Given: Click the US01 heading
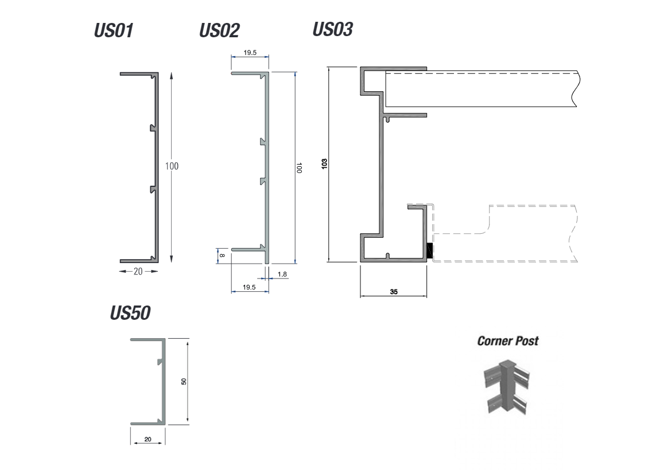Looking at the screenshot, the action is tap(114, 30).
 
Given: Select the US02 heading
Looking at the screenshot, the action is tap(219, 30).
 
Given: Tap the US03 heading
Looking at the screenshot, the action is tap(332, 29).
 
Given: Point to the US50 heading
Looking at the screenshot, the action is tap(130, 313).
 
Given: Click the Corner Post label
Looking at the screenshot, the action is tap(508, 340).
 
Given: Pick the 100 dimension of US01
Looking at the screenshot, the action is tap(172, 166).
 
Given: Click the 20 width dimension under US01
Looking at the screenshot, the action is tap(138, 272).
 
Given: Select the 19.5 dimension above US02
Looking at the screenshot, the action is tap(250, 53).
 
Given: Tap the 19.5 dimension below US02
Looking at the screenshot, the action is tap(249, 287).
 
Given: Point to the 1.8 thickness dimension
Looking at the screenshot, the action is tap(282, 274).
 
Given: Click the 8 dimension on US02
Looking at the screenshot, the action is tap(223, 255).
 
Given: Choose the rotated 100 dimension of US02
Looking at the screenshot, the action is tap(299, 168).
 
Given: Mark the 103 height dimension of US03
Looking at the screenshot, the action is tap(324, 163).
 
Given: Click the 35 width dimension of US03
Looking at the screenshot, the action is tap(394, 291).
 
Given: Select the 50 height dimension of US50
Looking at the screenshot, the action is tap(184, 381).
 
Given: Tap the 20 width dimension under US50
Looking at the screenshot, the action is tap(147, 439).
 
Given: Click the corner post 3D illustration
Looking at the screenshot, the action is tap(507, 387).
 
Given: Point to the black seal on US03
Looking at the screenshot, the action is tap(430, 251).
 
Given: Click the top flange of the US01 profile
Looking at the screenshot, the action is tap(139, 74).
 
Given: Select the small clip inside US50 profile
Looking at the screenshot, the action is tap(160, 361).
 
